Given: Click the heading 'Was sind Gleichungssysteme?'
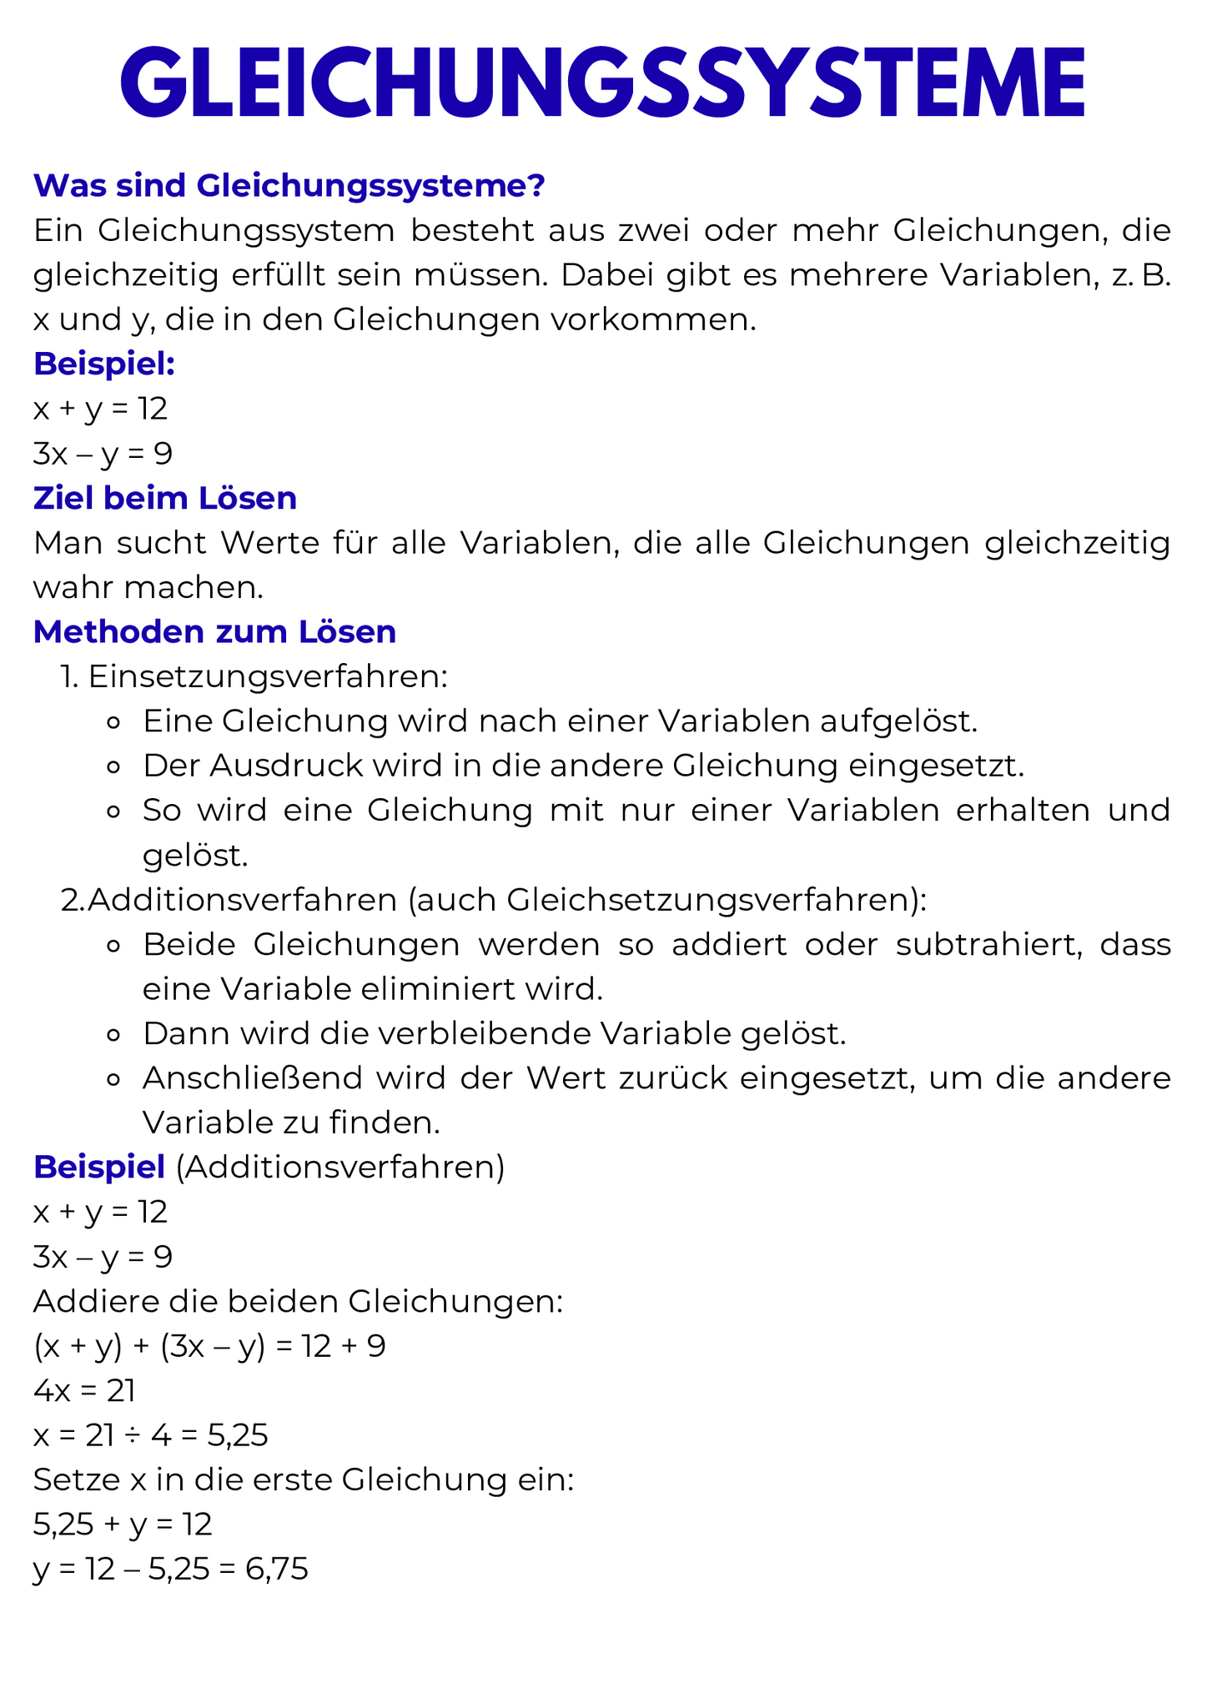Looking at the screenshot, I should (x=289, y=186).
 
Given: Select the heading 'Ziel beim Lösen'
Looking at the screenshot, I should (x=165, y=499).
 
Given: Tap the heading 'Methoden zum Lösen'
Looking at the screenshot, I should (x=214, y=632).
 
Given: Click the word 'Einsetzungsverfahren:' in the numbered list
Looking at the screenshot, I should (x=268, y=677).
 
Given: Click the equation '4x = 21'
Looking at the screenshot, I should (x=84, y=1391).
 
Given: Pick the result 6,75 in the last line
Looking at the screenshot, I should (x=276, y=1570).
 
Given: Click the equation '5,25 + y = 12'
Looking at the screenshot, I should (x=123, y=1525).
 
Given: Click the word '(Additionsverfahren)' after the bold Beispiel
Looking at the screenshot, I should (x=340, y=1168).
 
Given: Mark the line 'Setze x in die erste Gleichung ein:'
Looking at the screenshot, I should (x=304, y=1480).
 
